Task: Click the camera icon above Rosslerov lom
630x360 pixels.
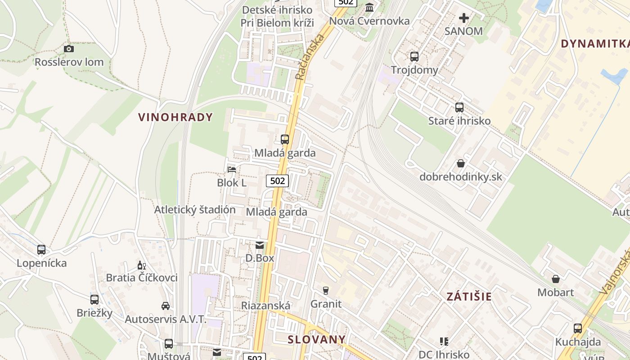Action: coord(69,49)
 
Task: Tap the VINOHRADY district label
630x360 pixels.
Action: coord(175,117)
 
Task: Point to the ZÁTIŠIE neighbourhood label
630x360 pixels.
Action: coord(469,296)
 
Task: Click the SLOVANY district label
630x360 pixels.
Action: coord(317,339)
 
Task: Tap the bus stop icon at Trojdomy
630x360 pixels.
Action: coord(414,57)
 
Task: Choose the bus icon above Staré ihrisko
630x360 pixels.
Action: coord(459,108)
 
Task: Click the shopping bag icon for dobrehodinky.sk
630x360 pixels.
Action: coord(461,163)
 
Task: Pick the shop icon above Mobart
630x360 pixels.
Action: coord(556,279)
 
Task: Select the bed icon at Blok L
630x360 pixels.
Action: coord(232,169)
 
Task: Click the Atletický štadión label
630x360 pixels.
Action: coord(195,210)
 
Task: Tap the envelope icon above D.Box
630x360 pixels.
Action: coord(260,245)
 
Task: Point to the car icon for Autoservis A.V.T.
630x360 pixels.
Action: coord(166,306)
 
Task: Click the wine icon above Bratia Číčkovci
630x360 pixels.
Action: coord(141,265)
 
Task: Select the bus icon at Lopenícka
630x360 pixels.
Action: coord(41,249)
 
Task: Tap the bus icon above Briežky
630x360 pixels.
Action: coord(94,299)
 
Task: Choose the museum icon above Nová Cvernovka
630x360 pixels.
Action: coord(370,8)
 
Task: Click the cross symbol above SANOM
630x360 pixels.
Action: coord(463,18)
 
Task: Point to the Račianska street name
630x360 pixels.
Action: coord(310,58)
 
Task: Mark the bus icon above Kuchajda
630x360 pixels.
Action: coord(578,328)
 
